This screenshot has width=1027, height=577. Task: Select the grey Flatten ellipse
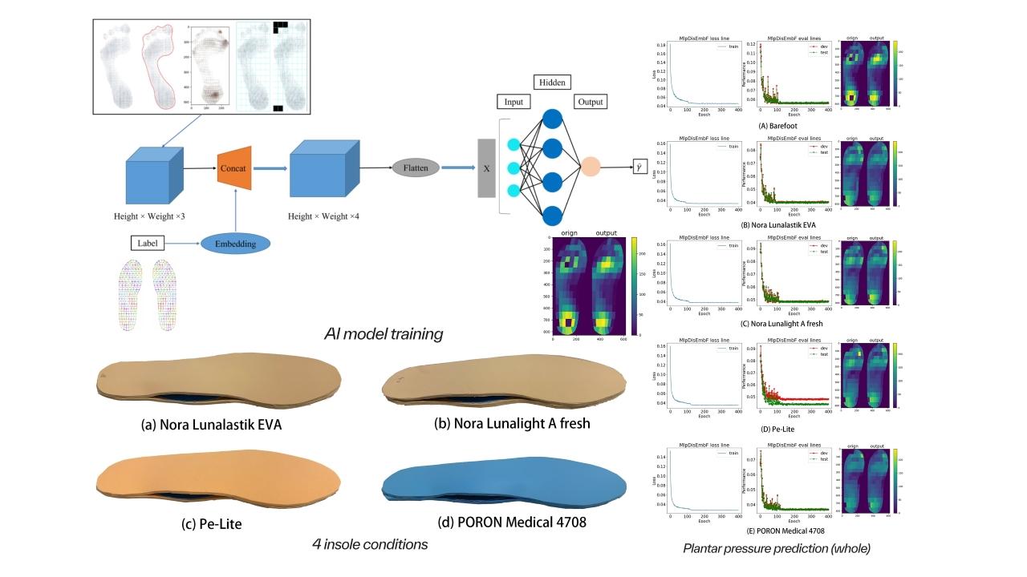point(416,167)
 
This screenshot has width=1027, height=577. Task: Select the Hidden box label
point(551,83)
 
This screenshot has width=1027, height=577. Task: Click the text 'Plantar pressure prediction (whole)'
point(776,549)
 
